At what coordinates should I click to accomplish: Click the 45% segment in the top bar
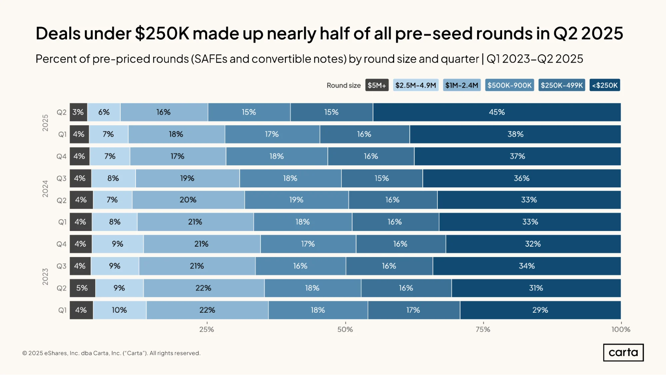point(497,112)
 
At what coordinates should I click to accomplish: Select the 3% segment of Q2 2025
point(78,112)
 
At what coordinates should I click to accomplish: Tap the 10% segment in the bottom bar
point(120,310)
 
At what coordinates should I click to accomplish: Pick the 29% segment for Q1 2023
point(540,310)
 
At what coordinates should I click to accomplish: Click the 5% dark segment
point(82,288)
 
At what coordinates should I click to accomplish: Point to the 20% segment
point(188,200)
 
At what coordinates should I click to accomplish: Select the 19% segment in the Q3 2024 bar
point(187,178)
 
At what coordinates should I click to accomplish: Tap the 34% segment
point(527,266)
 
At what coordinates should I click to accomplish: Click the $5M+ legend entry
point(377,85)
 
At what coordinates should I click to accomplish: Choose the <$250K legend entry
point(605,85)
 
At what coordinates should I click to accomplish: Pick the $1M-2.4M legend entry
point(462,85)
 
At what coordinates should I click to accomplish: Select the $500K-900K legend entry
point(509,85)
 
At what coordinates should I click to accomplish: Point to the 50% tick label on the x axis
point(345,330)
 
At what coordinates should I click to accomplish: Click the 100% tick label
point(621,330)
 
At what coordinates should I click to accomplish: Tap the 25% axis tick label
point(207,330)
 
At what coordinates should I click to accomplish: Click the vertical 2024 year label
point(45,189)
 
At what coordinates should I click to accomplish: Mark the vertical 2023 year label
point(45,277)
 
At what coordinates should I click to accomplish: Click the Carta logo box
point(623,353)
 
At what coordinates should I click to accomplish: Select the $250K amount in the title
point(162,33)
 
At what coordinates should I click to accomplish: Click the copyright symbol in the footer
point(25,353)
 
